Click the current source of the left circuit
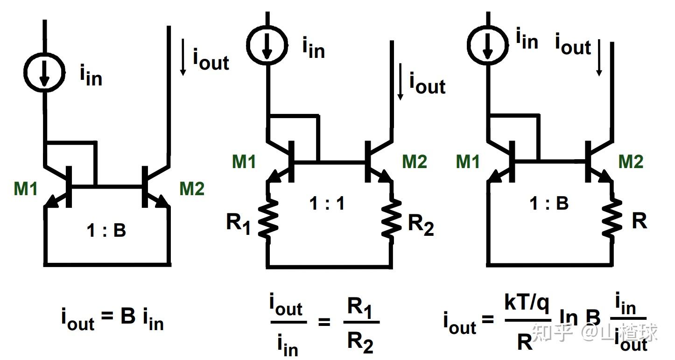coord(45,73)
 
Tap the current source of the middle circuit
coord(267,45)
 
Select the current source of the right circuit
coord(488,45)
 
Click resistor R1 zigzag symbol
coord(268,217)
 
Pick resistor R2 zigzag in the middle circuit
coord(392,217)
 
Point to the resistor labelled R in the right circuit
coord(612,217)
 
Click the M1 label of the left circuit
coord(26,189)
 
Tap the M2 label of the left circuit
coord(192,189)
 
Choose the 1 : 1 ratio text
coord(327,203)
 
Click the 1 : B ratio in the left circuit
coord(106,230)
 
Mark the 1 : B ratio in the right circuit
coord(549,203)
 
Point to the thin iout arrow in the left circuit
coord(183,57)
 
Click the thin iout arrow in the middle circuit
coord(400,81)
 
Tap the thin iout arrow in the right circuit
coord(599,57)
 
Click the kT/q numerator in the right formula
coord(527,303)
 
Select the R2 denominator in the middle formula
coord(360,343)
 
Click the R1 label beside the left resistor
coord(239,224)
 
